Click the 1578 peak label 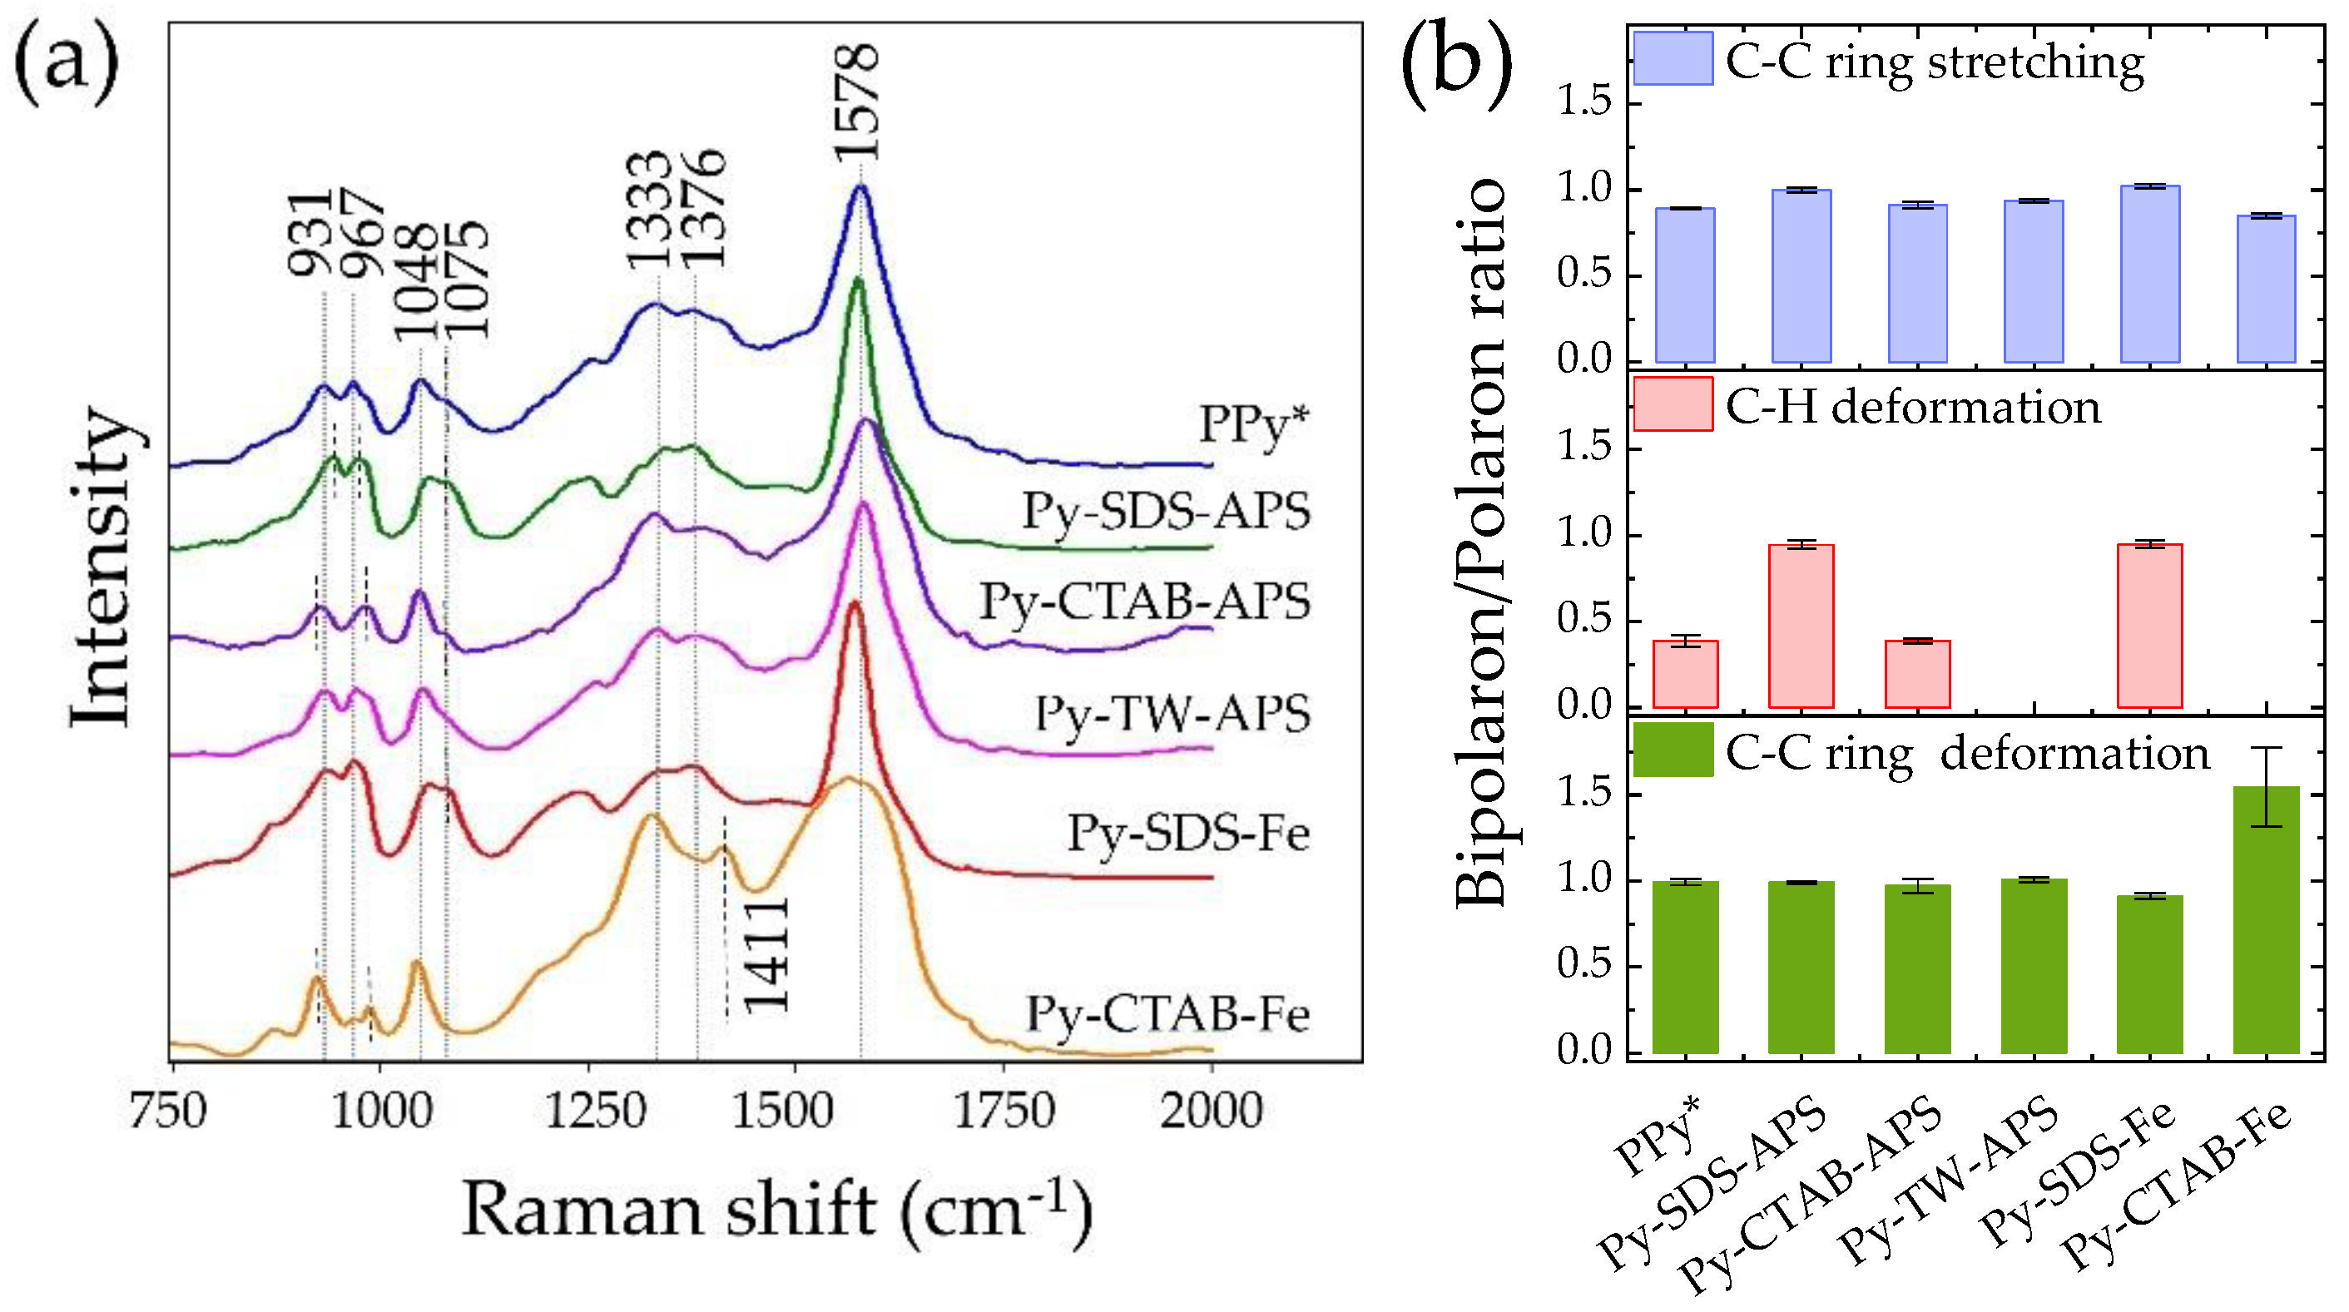click(857, 102)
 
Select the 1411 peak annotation click(766, 954)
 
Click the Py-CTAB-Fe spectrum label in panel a click(1167, 1014)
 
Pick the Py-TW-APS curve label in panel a click(1172, 714)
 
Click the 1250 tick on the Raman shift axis click(595, 1111)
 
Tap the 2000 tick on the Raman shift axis click(1211, 1111)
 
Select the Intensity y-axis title click(102, 565)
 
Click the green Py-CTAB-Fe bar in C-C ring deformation click(2265, 921)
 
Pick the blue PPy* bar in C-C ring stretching click(1685, 285)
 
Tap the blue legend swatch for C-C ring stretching click(1673, 58)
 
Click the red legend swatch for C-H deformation click(1673, 404)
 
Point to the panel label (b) click(1456, 64)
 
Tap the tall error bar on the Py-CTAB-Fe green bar click(2266, 786)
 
